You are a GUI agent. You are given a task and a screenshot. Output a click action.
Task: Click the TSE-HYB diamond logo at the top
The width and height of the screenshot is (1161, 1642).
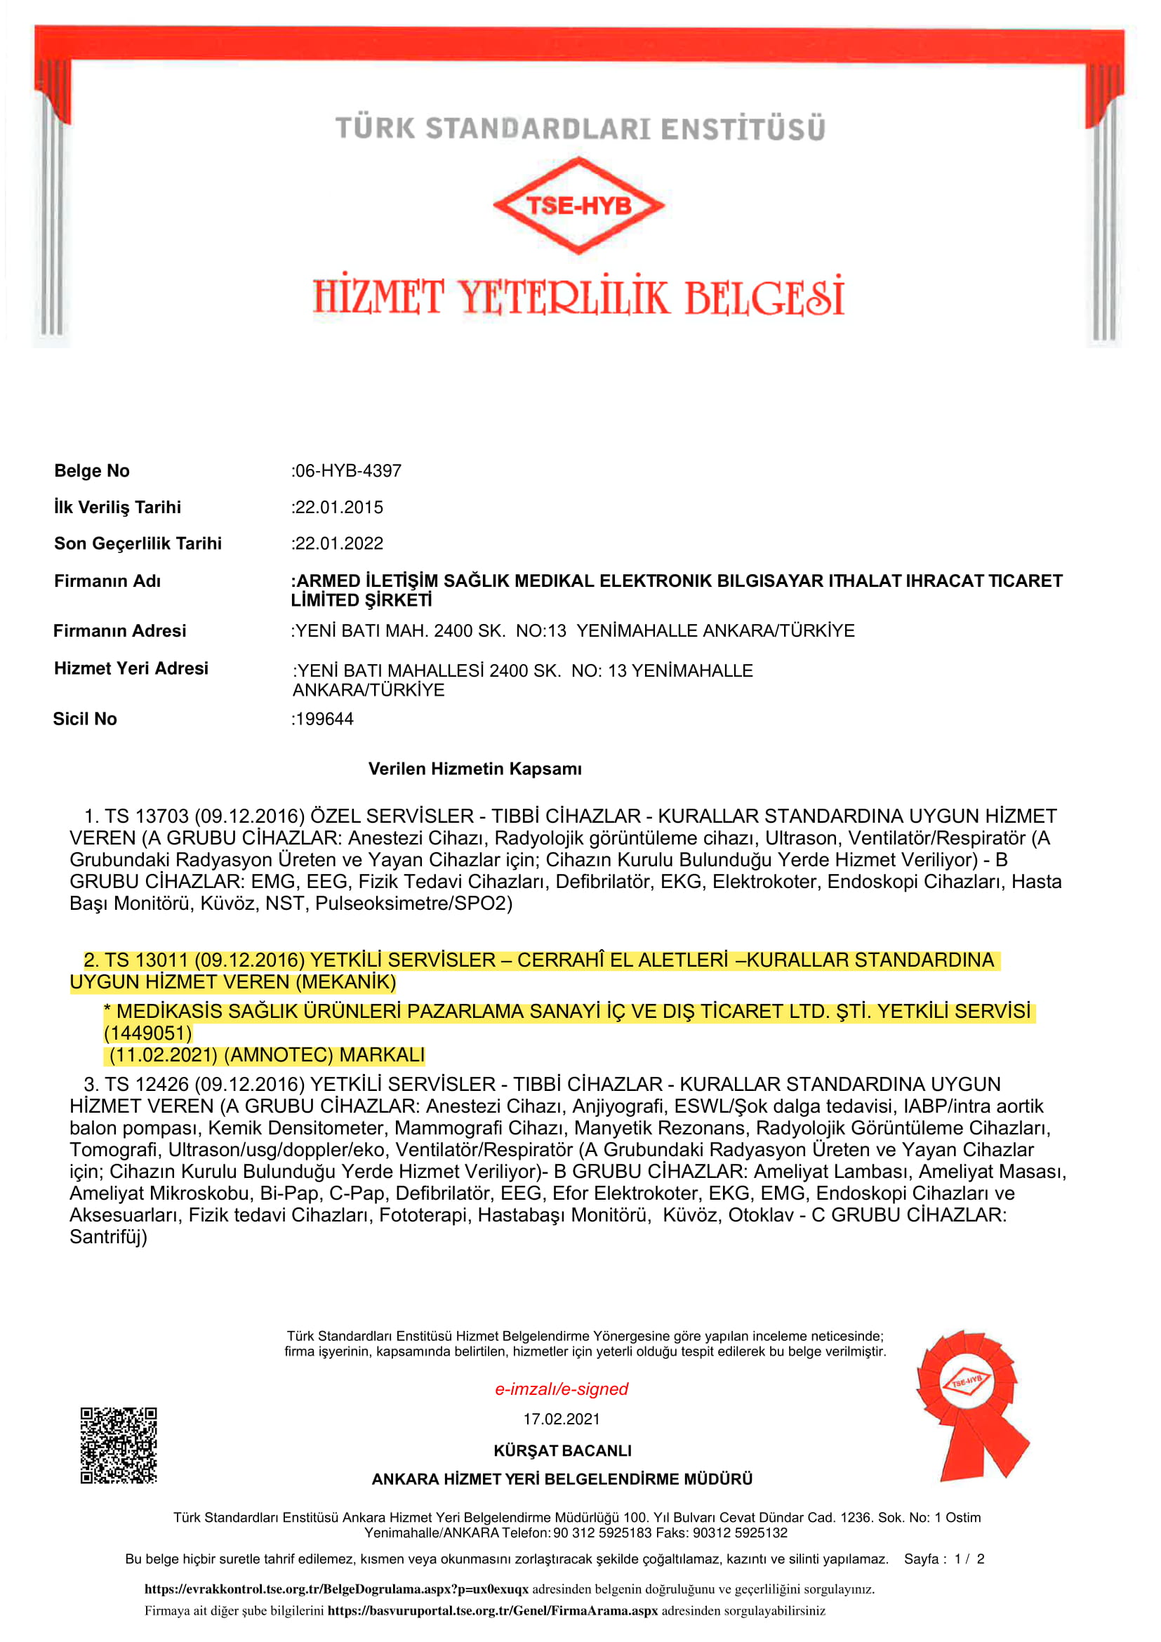tap(578, 206)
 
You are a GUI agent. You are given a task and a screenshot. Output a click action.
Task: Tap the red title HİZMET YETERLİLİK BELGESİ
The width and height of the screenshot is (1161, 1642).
tap(578, 297)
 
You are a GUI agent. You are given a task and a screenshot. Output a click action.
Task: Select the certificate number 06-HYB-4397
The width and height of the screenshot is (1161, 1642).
tap(348, 470)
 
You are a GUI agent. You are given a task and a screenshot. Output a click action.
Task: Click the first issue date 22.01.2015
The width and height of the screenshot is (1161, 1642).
tap(339, 507)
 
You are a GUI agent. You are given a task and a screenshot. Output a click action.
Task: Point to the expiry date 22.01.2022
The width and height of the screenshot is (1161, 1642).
tap(339, 543)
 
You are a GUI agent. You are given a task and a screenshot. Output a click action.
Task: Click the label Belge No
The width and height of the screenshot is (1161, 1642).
tap(91, 470)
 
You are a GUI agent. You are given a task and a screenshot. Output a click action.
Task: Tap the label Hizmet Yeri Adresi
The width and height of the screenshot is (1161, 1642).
tap(131, 668)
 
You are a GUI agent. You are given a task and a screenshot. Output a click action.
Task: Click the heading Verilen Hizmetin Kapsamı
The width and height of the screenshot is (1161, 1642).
tap(475, 769)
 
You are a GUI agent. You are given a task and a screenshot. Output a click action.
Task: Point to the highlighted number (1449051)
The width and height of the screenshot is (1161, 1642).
tap(148, 1033)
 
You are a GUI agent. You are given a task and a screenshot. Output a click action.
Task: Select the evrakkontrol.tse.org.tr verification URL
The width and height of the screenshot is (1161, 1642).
tap(336, 1589)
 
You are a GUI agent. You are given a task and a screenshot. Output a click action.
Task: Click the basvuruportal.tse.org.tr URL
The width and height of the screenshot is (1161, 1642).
tap(493, 1610)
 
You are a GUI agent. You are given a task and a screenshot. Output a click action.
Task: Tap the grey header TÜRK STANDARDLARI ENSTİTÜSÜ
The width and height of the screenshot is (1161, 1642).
tap(580, 128)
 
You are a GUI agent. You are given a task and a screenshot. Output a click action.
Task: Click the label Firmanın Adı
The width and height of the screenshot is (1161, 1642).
tap(107, 581)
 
